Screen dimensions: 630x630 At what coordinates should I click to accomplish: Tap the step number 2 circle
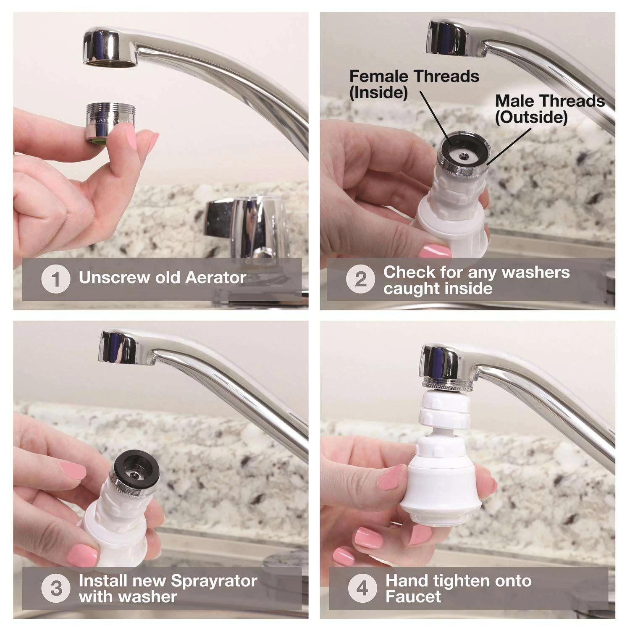coord(360,279)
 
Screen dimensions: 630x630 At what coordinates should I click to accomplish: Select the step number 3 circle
coord(55,588)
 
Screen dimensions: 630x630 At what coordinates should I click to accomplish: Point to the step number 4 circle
coord(362,588)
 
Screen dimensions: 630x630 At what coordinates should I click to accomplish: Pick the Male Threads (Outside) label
coord(549,109)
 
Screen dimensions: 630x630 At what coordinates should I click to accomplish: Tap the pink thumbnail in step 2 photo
coord(436,251)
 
